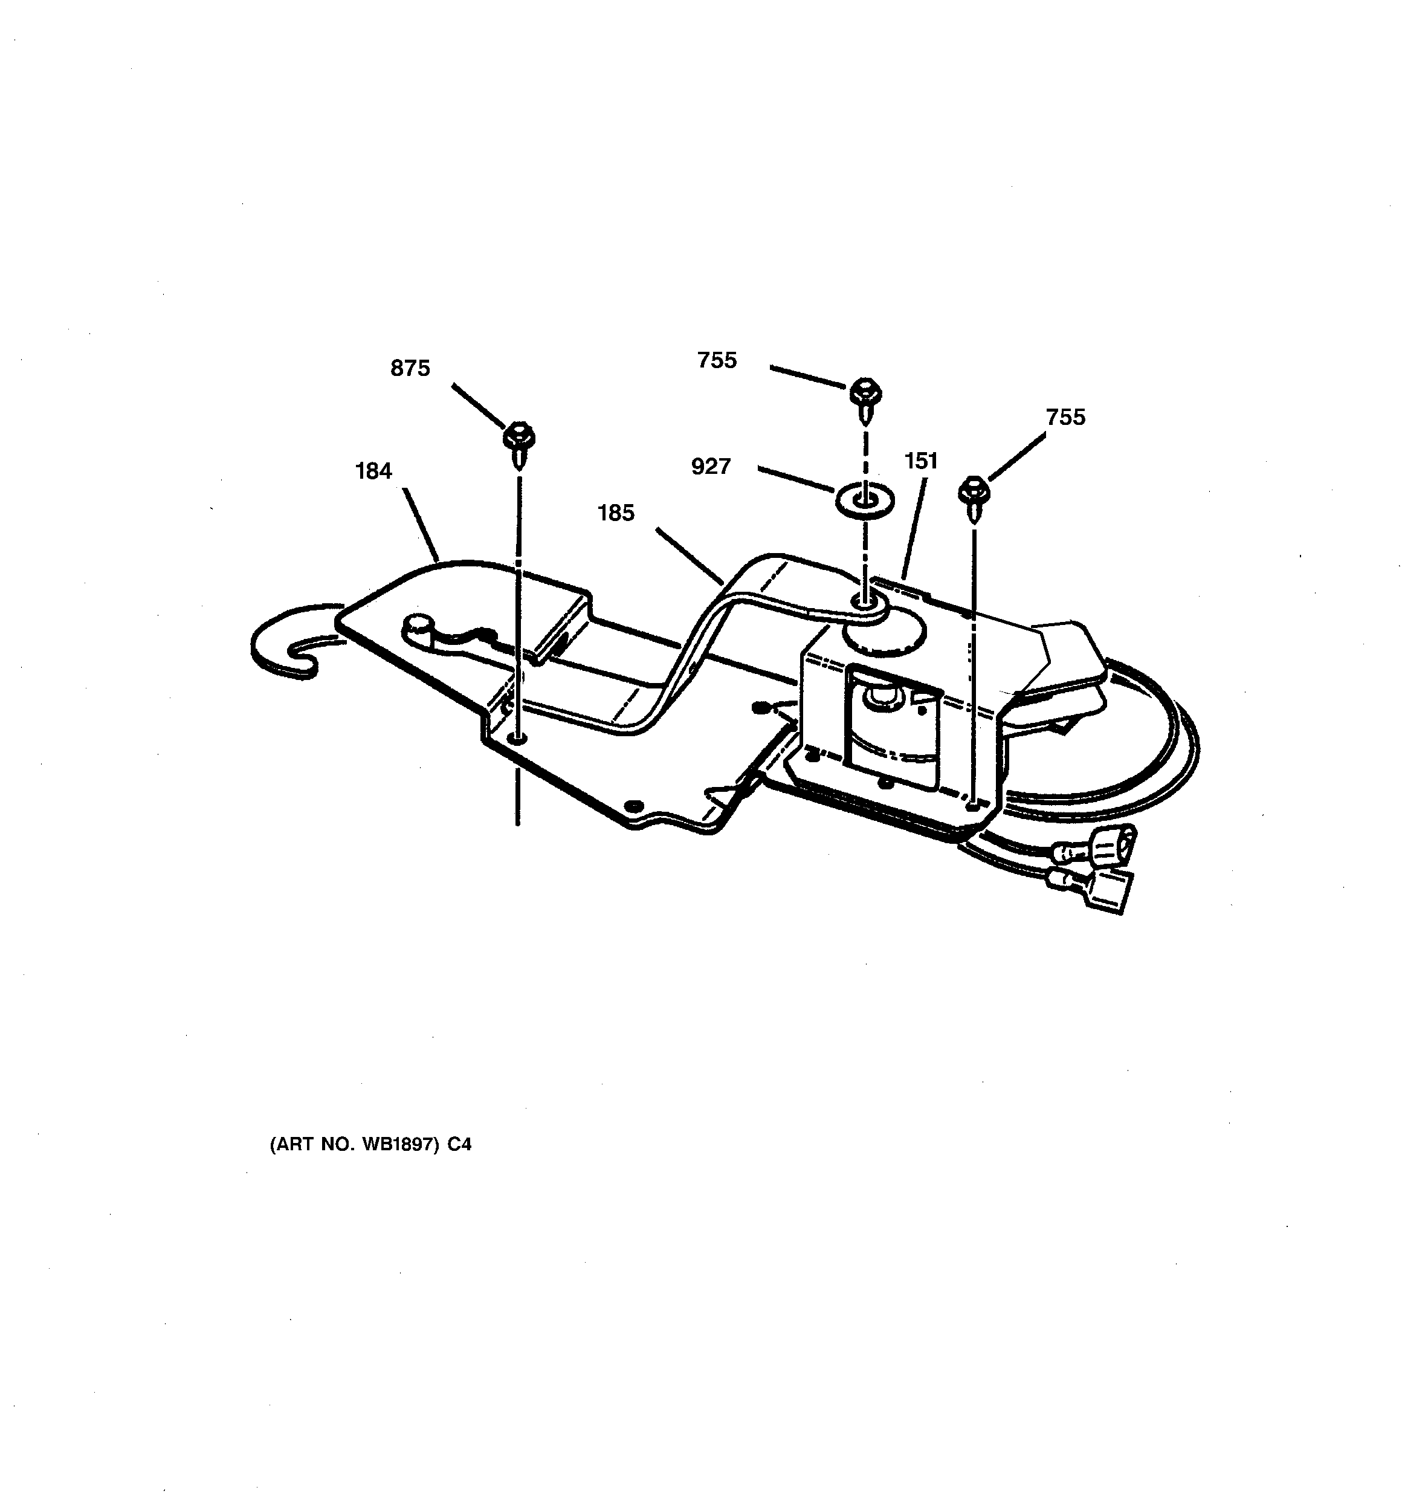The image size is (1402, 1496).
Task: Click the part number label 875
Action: [410, 368]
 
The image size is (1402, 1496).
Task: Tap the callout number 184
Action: [373, 471]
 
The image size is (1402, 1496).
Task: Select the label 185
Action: [616, 513]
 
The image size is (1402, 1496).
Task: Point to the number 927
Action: [711, 467]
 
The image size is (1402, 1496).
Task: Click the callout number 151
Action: [921, 461]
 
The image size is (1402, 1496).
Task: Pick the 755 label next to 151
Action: [1065, 417]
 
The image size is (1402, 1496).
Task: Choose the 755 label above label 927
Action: [717, 360]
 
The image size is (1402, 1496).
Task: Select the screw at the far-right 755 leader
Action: [974, 497]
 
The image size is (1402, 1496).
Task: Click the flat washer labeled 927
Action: [865, 500]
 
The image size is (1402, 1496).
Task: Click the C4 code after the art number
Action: [459, 1145]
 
